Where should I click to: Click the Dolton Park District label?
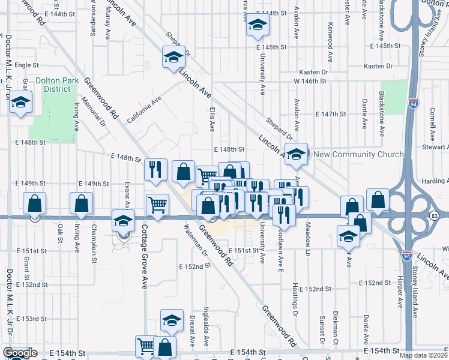pos(52,84)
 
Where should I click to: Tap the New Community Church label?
pos(359,155)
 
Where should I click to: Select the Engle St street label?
pos(26,65)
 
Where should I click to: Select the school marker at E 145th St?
pos(258,25)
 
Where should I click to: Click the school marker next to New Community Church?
pos(296,154)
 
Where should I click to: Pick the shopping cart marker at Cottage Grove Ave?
pos(157,205)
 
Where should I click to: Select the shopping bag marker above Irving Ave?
pos(81,204)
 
